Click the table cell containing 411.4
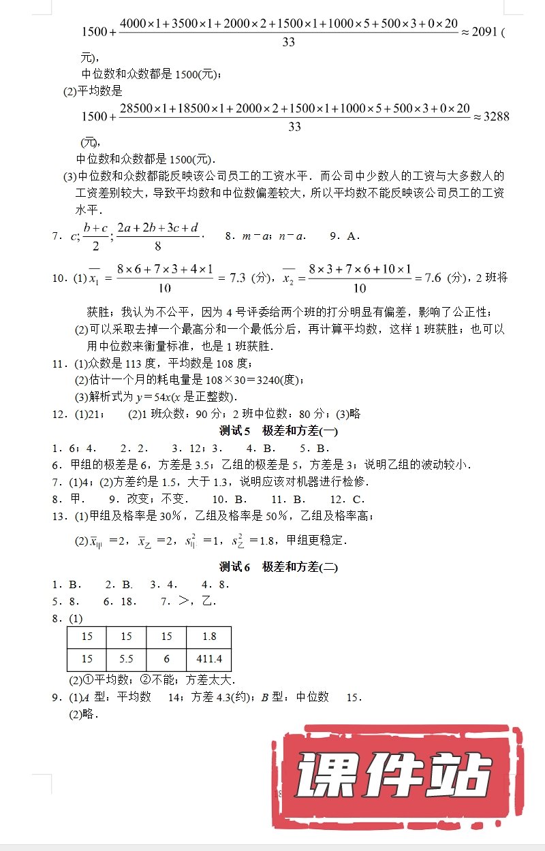point(208,659)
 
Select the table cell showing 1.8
point(208,636)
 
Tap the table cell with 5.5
point(126,659)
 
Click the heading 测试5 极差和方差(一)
point(279,430)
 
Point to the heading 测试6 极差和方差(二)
point(279,566)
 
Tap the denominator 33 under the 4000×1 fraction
point(288,42)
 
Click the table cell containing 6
point(166,659)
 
